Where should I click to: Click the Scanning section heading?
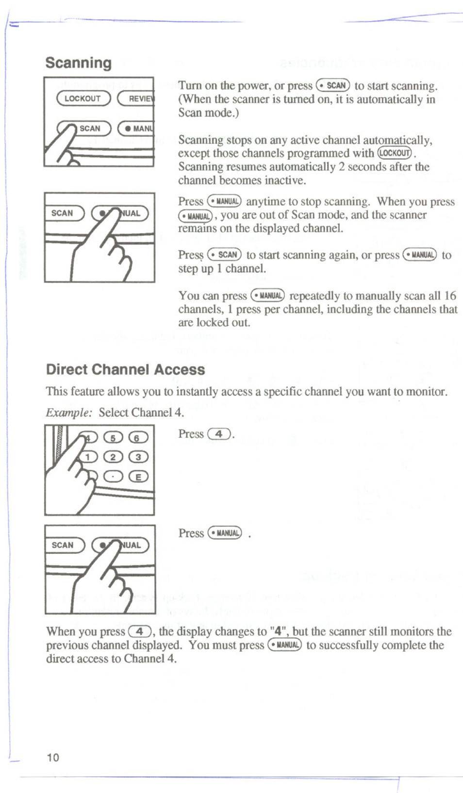pos(78,63)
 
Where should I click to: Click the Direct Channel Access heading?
pos(125,369)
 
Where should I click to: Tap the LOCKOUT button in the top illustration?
pos(83,99)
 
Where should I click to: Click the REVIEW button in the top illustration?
pos(137,99)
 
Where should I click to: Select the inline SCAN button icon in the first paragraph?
pos(333,85)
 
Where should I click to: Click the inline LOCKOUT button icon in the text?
pos(395,153)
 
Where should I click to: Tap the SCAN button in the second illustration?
pos(64,213)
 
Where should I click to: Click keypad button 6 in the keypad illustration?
pos(138,438)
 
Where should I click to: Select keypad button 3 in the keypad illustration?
pos(138,457)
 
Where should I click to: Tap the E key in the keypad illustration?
pos(138,477)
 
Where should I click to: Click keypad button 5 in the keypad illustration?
pos(114,438)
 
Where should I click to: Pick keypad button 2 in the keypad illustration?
pos(114,457)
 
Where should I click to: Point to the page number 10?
pos(53,758)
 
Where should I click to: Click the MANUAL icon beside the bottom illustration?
pos(225,533)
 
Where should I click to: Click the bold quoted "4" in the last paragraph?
pos(278,631)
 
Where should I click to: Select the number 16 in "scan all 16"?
pos(450,296)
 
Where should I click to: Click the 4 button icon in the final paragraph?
pos(140,631)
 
